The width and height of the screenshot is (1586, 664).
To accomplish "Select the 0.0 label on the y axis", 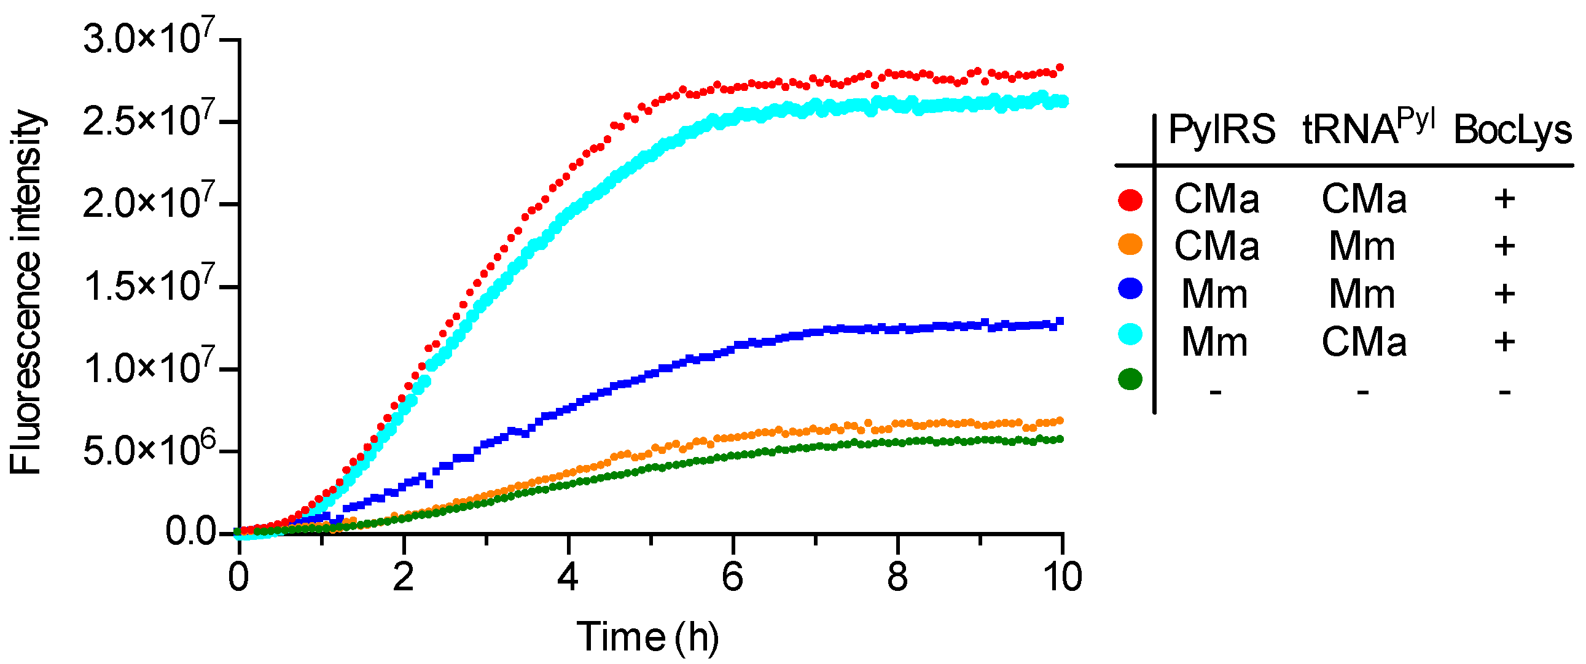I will [x=191, y=531].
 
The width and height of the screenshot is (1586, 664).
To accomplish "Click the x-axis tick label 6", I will [x=732, y=578].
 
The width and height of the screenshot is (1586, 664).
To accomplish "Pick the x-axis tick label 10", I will [x=1062, y=578].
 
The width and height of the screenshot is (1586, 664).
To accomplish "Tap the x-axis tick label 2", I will [x=404, y=578].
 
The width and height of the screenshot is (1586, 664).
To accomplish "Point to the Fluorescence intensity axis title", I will [x=26, y=292].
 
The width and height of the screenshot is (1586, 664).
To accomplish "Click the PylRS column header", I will [x=1222, y=130].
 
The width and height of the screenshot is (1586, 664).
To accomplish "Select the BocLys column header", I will [x=1512, y=131].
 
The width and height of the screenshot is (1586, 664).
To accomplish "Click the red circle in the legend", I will [x=1130, y=200].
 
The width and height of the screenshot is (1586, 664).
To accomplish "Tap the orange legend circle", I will [x=1130, y=244].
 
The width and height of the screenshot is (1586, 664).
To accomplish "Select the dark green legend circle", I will [x=1130, y=379].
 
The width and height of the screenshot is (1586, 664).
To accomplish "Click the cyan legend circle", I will [x=1130, y=334].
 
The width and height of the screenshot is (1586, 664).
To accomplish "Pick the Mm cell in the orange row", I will [x=1362, y=246].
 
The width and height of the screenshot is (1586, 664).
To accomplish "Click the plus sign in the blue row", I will [x=1504, y=294].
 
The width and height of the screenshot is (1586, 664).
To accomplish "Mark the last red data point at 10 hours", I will [x=1060, y=68].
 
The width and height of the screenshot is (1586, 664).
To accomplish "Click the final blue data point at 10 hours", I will [x=1060, y=321].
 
